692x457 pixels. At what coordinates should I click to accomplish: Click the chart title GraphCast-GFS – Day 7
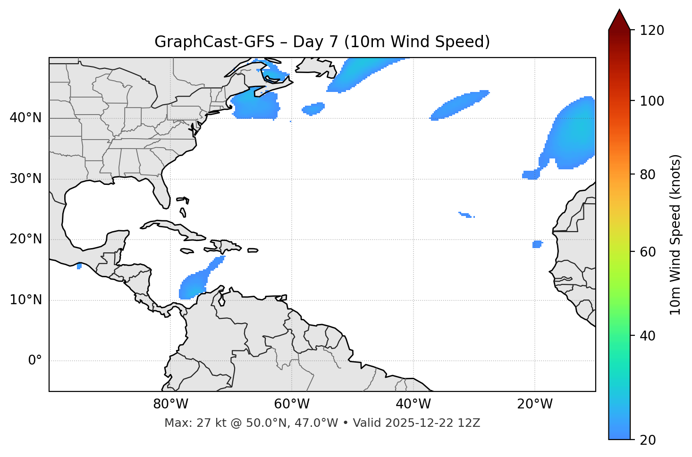point(322,42)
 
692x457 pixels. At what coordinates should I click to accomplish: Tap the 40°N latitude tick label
point(25,118)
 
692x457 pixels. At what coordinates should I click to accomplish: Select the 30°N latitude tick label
point(25,179)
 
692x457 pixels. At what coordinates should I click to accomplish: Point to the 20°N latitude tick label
point(25,239)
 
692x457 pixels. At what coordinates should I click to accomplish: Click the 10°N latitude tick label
point(25,300)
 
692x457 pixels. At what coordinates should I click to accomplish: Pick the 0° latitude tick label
point(35,361)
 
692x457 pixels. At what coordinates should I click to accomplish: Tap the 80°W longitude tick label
point(170,404)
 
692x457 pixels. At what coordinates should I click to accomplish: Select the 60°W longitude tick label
point(292,404)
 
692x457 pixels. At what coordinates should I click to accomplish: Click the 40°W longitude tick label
point(413,404)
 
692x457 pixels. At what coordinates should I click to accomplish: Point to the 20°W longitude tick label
point(535,404)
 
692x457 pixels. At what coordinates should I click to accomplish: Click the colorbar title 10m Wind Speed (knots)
point(675,234)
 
